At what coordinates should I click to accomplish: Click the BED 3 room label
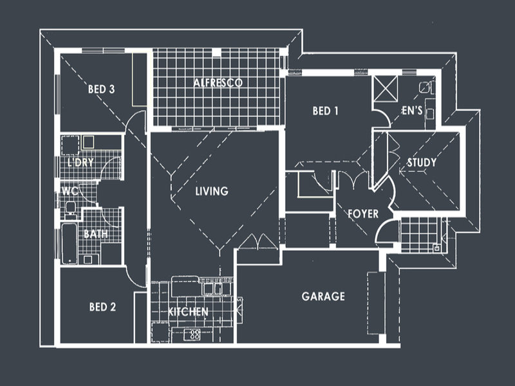click(x=101, y=89)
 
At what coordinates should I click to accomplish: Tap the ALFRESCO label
click(x=218, y=83)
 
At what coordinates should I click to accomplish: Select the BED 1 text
click(x=326, y=111)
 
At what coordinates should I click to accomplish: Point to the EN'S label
click(x=412, y=111)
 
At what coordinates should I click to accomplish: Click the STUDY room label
click(x=422, y=163)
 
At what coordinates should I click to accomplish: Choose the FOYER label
click(x=362, y=214)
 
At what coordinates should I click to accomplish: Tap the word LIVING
click(x=212, y=191)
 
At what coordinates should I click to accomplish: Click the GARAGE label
click(x=323, y=297)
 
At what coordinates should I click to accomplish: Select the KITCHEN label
click(x=188, y=312)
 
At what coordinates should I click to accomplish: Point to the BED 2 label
click(x=102, y=307)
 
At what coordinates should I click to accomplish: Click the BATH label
click(x=95, y=234)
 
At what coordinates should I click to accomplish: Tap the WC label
click(x=68, y=191)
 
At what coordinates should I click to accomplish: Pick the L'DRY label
click(x=80, y=163)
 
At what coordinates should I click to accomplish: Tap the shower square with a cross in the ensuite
click(x=386, y=89)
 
